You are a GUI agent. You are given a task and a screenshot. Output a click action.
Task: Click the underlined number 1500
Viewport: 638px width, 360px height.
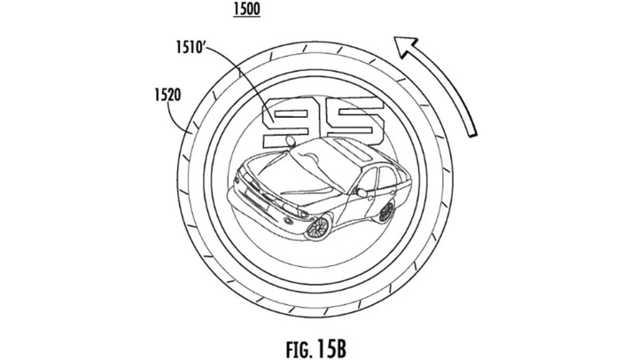pos(246,10)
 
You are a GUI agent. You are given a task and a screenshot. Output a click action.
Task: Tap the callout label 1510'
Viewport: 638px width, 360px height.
pos(190,47)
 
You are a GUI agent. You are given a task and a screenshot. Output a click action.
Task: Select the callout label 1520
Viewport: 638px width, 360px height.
pos(167,95)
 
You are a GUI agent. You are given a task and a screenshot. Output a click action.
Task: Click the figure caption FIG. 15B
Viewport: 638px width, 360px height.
pos(316,348)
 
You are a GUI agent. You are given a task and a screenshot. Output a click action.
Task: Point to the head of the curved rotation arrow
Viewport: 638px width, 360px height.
pos(407,45)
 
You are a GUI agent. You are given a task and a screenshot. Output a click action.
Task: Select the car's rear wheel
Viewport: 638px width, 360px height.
pos(385,212)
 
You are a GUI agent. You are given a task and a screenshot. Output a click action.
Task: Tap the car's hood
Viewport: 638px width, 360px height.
pos(284,179)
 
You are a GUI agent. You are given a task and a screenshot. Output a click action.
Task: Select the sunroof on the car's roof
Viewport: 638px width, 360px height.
pos(354,151)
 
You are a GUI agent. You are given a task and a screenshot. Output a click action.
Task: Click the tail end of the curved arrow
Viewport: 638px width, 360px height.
pos(472,134)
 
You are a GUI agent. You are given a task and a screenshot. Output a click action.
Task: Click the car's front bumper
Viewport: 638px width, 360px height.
pos(261,210)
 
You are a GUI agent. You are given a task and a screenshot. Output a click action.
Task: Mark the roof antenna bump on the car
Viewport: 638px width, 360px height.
pos(291,140)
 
